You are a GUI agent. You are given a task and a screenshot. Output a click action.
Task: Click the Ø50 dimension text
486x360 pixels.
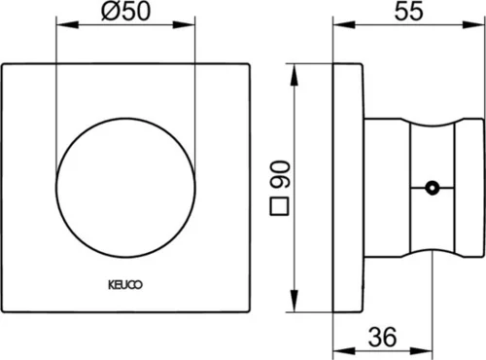pos(126,11)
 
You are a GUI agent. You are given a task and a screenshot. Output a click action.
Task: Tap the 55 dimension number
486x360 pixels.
pos(409,11)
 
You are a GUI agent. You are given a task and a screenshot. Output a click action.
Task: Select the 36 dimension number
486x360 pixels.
pos(382,337)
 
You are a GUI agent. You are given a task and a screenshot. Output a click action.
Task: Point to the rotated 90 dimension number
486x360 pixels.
pos(280,175)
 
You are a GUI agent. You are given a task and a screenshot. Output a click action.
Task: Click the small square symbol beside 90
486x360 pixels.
pos(279,206)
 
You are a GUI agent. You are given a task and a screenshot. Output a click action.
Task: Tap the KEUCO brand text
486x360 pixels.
pos(125,285)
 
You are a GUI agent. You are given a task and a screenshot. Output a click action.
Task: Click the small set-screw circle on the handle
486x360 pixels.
pos(432,188)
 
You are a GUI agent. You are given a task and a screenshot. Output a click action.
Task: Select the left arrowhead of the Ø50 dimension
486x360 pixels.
pos(67,24)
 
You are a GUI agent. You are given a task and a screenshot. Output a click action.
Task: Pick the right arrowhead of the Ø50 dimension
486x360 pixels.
pos(184,24)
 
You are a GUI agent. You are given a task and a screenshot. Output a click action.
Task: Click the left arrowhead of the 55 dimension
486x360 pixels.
pos(344,24)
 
